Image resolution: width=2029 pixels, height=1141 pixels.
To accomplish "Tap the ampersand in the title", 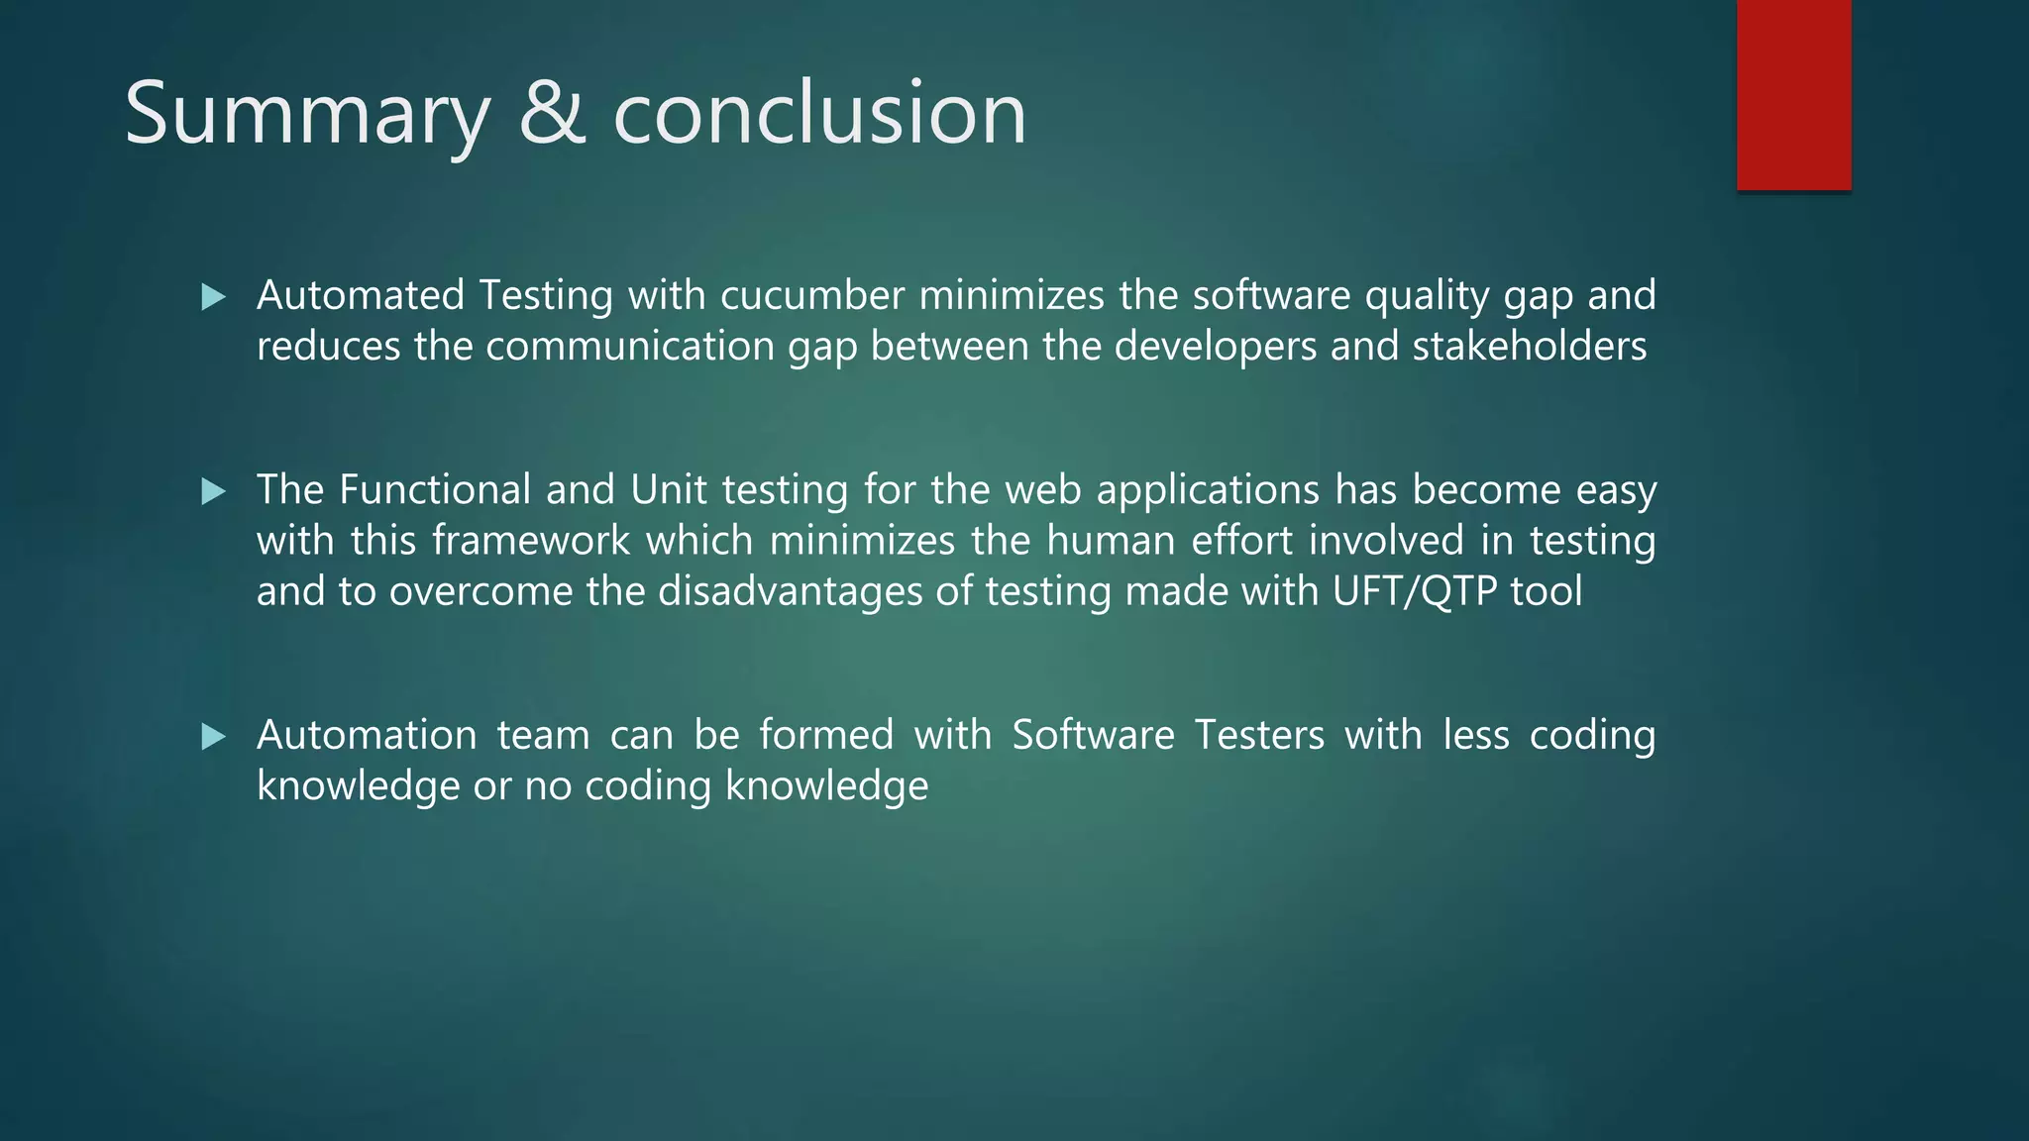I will (x=552, y=114).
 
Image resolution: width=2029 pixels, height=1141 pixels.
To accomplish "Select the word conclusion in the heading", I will (x=819, y=114).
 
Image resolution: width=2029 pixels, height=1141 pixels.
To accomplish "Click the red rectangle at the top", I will (x=1793, y=95).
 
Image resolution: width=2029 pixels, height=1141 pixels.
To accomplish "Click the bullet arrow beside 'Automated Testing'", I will (x=213, y=297).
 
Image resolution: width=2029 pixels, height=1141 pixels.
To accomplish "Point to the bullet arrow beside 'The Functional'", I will (x=213, y=491).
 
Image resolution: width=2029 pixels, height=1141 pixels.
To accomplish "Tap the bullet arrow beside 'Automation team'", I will (x=213, y=736).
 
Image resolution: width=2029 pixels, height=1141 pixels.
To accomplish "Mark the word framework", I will (x=531, y=541).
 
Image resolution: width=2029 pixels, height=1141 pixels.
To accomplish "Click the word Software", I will (x=1093, y=735).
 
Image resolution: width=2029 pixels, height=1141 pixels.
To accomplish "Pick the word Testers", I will (x=1259, y=735).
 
